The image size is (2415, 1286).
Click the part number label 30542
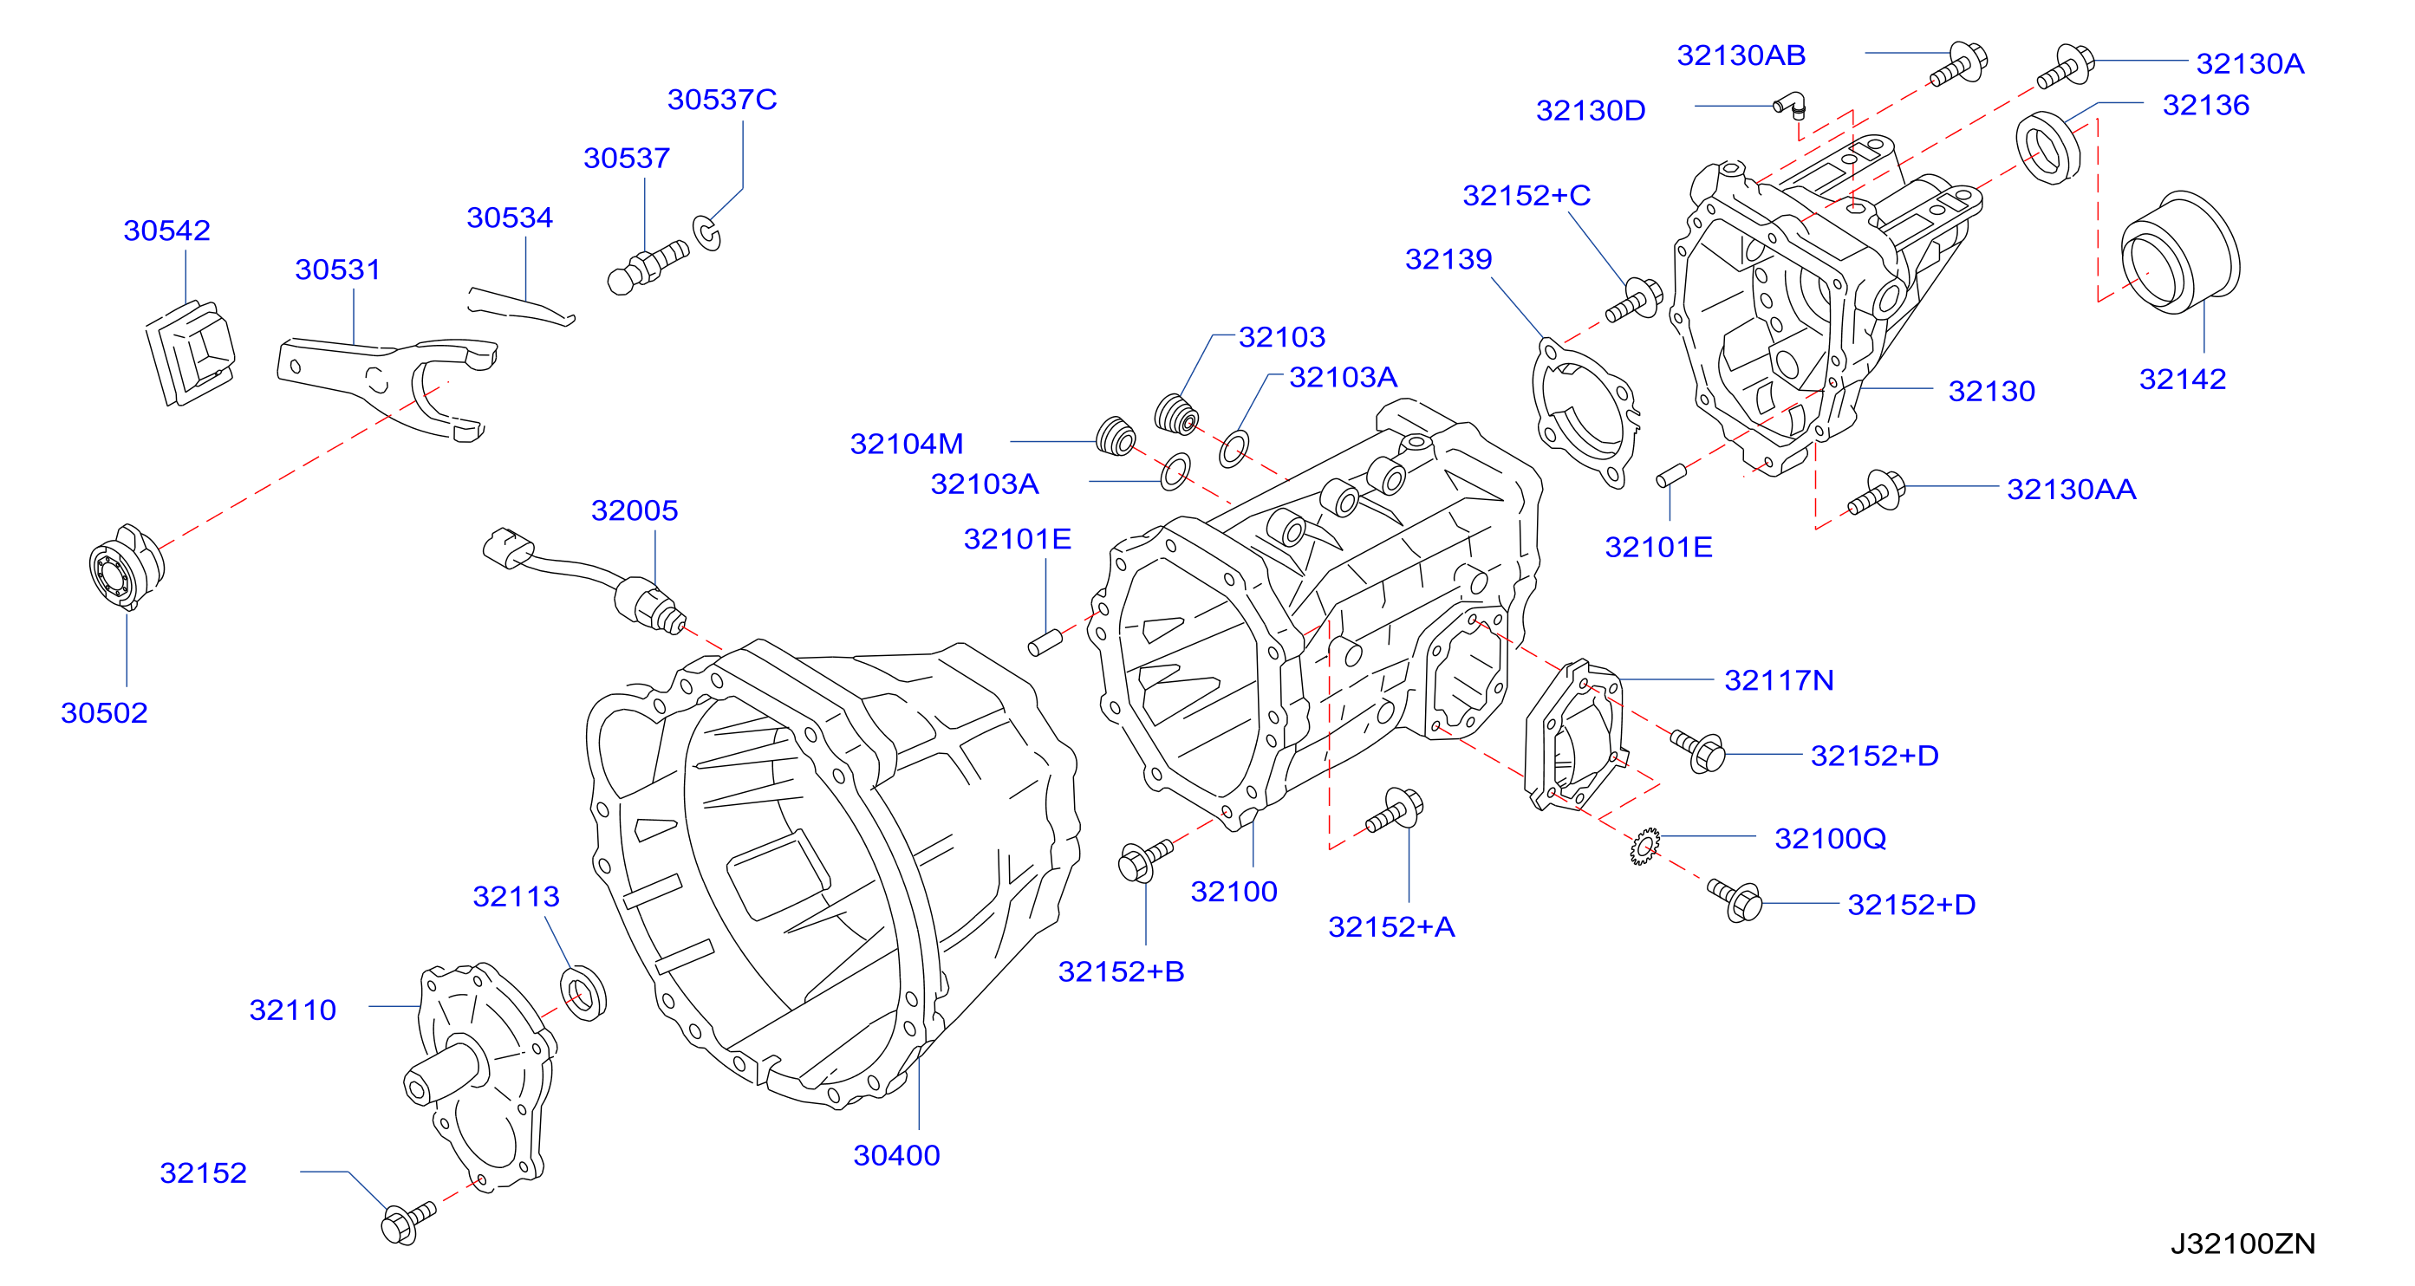click(x=167, y=231)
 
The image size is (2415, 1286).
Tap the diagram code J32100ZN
click(x=2243, y=1243)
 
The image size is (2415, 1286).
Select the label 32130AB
click(x=1741, y=55)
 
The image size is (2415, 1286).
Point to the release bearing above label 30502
click(x=127, y=566)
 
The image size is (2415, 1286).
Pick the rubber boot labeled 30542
click(x=191, y=353)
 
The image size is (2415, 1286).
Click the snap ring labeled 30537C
click(x=706, y=232)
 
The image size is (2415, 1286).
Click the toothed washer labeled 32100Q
click(x=1644, y=846)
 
